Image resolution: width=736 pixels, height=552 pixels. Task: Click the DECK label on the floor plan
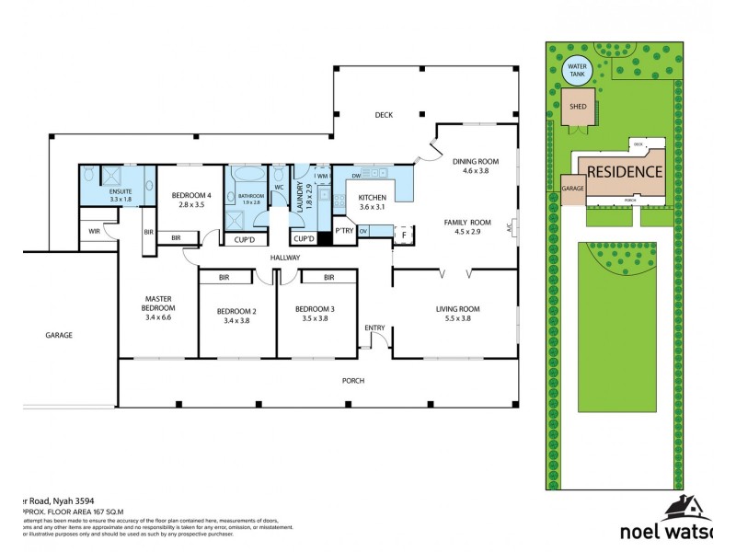pyautogui.click(x=383, y=115)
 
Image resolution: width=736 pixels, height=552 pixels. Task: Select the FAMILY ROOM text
pyautogui.click(x=467, y=223)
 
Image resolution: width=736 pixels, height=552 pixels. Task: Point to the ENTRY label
pyautogui.click(x=374, y=328)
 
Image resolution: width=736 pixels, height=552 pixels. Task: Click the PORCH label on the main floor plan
pyautogui.click(x=352, y=380)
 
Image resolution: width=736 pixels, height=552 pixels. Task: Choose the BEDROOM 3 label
pyautogui.click(x=311, y=310)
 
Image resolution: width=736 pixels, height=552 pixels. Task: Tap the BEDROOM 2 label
pyautogui.click(x=236, y=311)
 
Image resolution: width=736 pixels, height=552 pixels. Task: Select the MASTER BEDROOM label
pyautogui.click(x=158, y=303)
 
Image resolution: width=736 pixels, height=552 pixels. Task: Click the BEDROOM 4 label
pyautogui.click(x=190, y=194)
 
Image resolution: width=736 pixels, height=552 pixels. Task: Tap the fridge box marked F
pyautogui.click(x=403, y=234)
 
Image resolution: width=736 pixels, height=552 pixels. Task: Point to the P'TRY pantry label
pyautogui.click(x=345, y=230)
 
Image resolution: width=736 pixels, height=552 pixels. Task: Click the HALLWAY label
pyautogui.click(x=285, y=258)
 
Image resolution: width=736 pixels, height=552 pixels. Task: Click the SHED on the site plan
pyautogui.click(x=579, y=107)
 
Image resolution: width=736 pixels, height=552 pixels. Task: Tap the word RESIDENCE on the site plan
pyautogui.click(x=625, y=171)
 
